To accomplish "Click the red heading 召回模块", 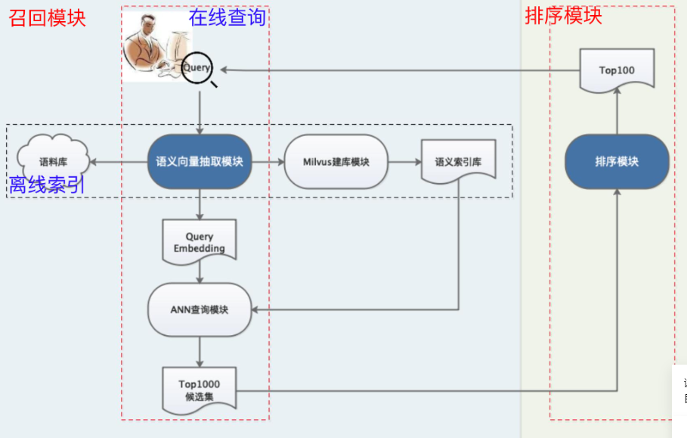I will (x=47, y=17).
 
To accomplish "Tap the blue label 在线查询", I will (x=227, y=16).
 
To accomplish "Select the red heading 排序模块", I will (x=563, y=15).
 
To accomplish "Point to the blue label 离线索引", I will (x=46, y=185).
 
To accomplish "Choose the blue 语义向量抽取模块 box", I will (x=200, y=161).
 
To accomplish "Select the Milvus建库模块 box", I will (x=336, y=161).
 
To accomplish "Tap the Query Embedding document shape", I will (x=200, y=241).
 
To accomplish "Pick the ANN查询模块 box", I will (x=200, y=309).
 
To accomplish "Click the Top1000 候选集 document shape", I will (x=200, y=390).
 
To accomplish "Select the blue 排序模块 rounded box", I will (x=617, y=161).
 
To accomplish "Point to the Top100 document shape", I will (x=617, y=70).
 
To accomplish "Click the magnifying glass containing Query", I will (x=198, y=67).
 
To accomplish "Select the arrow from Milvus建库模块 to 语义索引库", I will (x=404, y=161).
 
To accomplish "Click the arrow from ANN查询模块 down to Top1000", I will (x=200, y=351).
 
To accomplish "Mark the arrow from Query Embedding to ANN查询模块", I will (x=200, y=272).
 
